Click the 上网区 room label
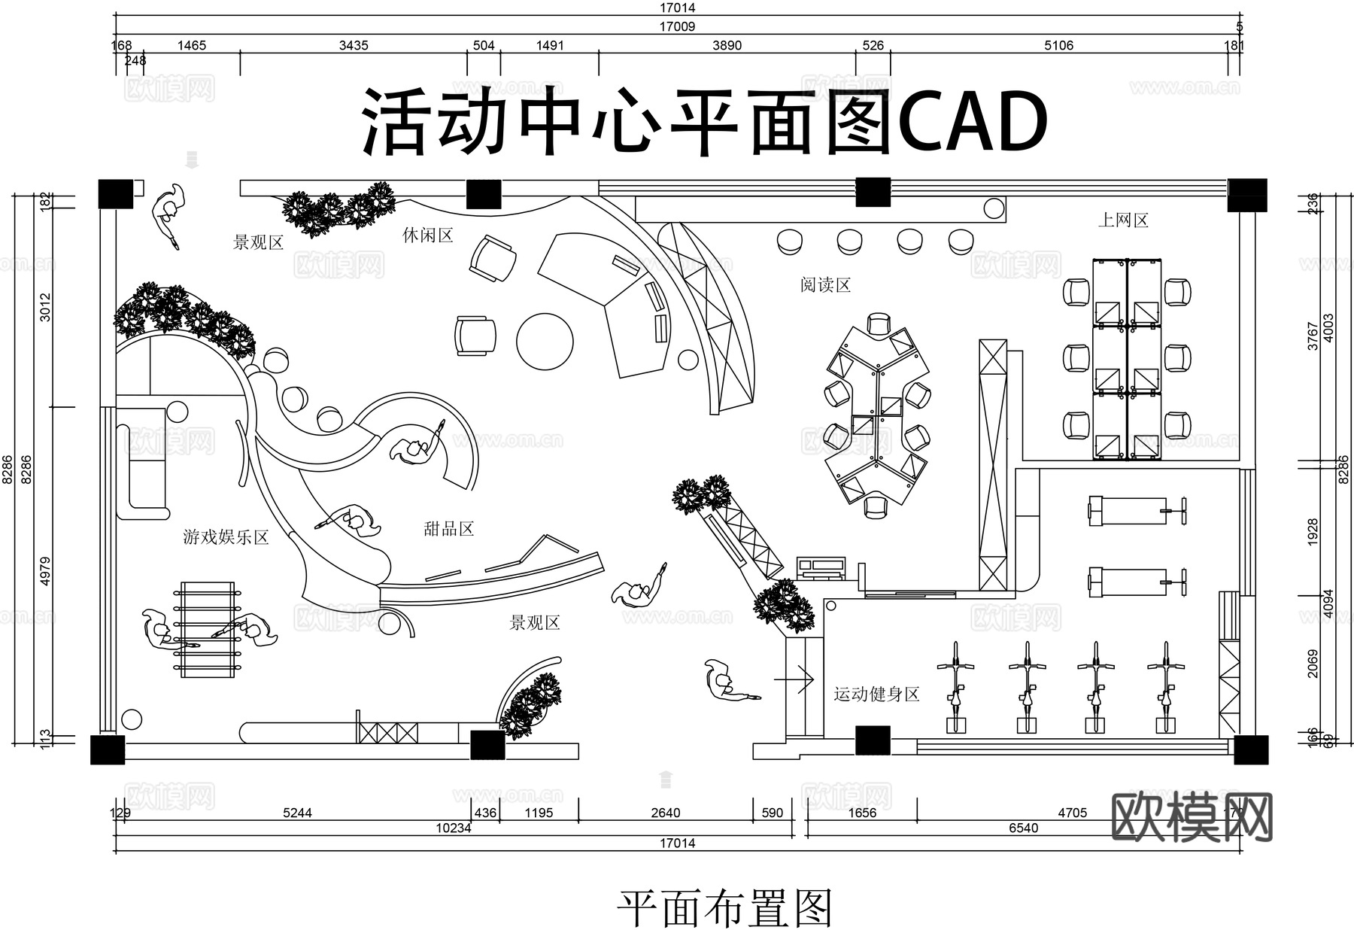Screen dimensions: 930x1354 point(1123,220)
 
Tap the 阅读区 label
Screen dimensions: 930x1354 point(825,285)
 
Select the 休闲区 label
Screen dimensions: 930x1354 point(427,236)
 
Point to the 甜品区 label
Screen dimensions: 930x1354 point(449,529)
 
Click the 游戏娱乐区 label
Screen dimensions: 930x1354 point(226,537)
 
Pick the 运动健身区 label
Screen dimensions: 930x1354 point(876,694)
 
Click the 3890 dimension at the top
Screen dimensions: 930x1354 point(727,45)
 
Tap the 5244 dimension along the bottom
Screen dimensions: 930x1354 point(297,813)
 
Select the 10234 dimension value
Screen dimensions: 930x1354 point(453,828)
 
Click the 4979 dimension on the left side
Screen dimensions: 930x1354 point(46,571)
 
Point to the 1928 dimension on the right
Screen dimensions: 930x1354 point(1313,532)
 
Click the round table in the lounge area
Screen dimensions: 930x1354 point(545,341)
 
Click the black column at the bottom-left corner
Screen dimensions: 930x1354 point(108,749)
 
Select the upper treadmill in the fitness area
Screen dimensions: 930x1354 point(1136,510)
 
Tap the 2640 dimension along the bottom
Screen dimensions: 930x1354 point(665,813)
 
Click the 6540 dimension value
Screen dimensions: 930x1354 point(1023,828)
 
